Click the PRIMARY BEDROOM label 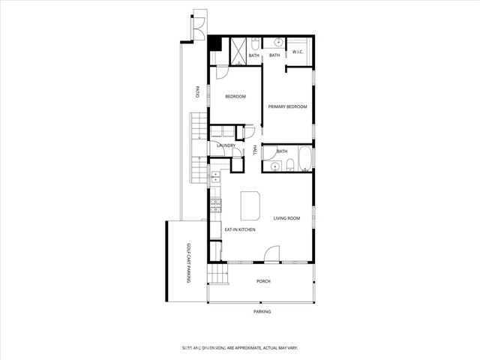point(288,107)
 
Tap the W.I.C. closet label point(298,52)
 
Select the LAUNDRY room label point(226,145)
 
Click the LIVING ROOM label point(286,218)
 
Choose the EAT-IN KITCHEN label point(240,229)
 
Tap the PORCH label point(263,281)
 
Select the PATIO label point(196,93)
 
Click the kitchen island point(250,203)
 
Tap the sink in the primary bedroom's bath point(276,42)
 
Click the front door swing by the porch point(273,253)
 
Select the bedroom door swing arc point(222,73)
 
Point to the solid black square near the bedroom point(214,43)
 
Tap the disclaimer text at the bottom point(240,348)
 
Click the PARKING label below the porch point(262,311)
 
